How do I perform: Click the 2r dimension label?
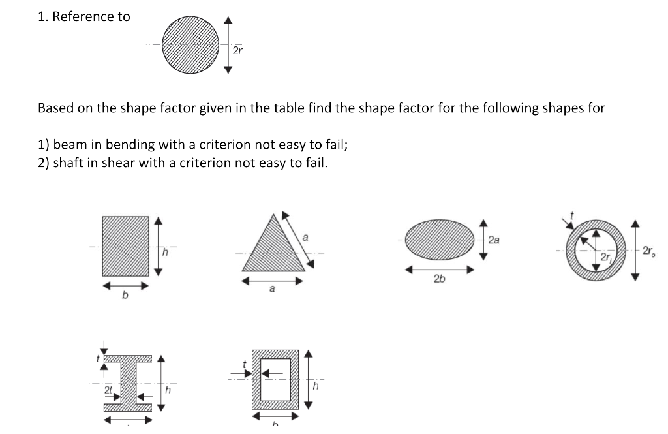pos(238,50)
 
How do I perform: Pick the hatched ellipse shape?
pos(440,240)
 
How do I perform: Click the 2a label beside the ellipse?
pos(494,240)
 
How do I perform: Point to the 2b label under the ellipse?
pos(439,279)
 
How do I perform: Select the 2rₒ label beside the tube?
pos(649,251)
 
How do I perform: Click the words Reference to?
pos(91,17)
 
